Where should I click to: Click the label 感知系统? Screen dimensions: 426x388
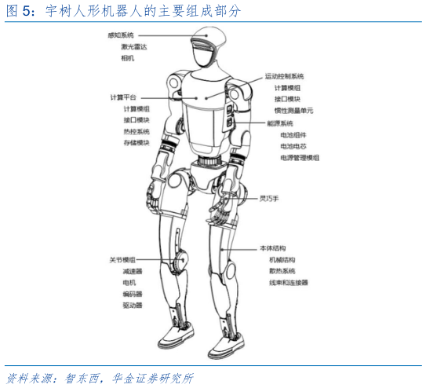pos(121,35)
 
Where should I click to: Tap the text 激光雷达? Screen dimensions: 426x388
pos(134,47)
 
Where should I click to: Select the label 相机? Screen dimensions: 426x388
pos(127,58)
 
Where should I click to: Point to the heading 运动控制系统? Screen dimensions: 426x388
pos(284,76)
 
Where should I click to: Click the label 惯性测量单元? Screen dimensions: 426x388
pos(293,111)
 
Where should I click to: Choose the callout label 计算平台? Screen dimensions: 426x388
pos(123,97)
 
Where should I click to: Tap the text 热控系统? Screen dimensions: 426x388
pos(137,132)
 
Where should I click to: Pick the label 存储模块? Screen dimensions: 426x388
pos(137,143)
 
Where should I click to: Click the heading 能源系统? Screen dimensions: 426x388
pos(280,123)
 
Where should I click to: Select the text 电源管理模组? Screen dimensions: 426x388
pos(300,158)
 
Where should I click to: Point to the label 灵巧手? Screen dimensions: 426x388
pos(269,199)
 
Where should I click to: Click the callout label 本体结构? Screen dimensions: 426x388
pos(272,248)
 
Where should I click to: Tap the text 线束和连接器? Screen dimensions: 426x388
pos(289,283)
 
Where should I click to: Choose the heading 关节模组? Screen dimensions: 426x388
pos(122,260)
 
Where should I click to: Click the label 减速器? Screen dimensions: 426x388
pos(133,271)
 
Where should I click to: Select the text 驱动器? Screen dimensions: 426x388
pos(133,306)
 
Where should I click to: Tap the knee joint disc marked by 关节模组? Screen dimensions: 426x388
pos(180,261)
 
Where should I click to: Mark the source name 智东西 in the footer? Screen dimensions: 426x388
pos(82,379)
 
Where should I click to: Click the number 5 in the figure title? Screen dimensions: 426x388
pos(26,11)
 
